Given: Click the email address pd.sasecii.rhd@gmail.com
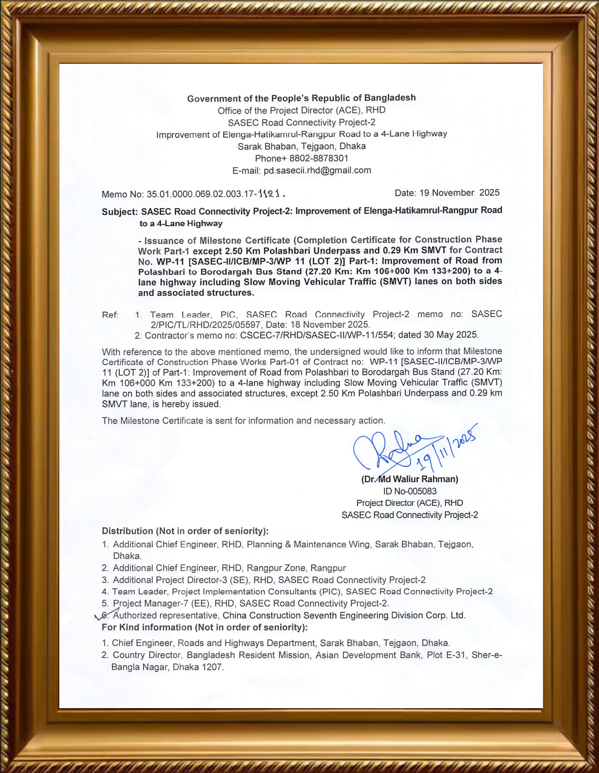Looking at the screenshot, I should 317,171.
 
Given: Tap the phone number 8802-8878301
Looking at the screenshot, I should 318,159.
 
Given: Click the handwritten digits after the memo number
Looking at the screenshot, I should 271,194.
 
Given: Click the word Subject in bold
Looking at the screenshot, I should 119,212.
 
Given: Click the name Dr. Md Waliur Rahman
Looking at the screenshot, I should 410,479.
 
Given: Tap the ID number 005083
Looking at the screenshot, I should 419,491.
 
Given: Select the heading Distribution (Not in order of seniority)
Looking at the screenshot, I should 185,531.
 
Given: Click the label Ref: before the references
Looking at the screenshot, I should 110,315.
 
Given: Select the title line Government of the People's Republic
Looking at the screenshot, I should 301,98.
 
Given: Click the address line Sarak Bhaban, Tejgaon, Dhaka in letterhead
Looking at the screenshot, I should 301,146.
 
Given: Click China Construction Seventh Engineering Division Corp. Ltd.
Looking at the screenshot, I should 344,616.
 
